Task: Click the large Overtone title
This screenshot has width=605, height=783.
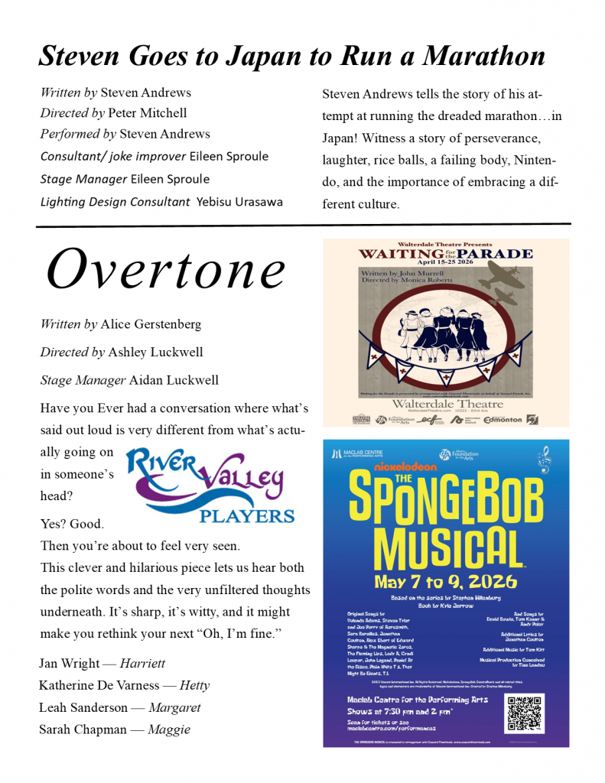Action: coord(166,270)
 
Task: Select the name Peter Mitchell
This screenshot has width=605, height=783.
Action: coord(148,113)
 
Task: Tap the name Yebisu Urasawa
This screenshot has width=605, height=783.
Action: coord(239,202)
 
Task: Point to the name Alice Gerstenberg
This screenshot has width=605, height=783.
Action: coord(151,324)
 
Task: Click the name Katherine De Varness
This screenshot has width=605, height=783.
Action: coord(99,686)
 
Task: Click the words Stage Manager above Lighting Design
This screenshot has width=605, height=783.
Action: coord(83,180)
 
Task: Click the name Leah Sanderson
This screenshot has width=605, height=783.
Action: coord(81,708)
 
